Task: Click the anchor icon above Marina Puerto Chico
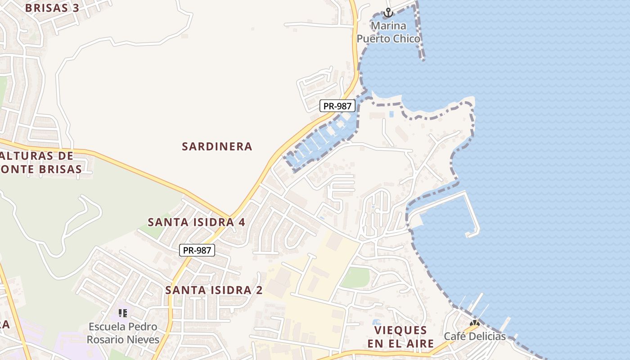tap(388, 13)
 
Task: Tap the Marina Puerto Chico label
tap(388, 32)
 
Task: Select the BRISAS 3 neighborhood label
tap(53, 8)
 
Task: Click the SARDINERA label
tap(217, 146)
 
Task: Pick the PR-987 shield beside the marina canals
tap(337, 106)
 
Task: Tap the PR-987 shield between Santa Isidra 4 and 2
tap(197, 251)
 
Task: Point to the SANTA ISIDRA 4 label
tap(197, 222)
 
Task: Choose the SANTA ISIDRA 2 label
tap(214, 290)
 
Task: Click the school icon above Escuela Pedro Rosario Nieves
tap(122, 313)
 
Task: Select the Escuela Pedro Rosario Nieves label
tap(123, 333)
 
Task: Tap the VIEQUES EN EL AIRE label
tap(400, 337)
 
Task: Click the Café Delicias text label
tap(475, 336)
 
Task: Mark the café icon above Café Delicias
tap(474, 323)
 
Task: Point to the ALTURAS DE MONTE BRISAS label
tap(40, 162)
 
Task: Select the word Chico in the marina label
tap(406, 39)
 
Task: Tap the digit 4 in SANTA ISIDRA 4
tap(242, 222)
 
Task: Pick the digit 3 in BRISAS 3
tap(76, 8)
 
